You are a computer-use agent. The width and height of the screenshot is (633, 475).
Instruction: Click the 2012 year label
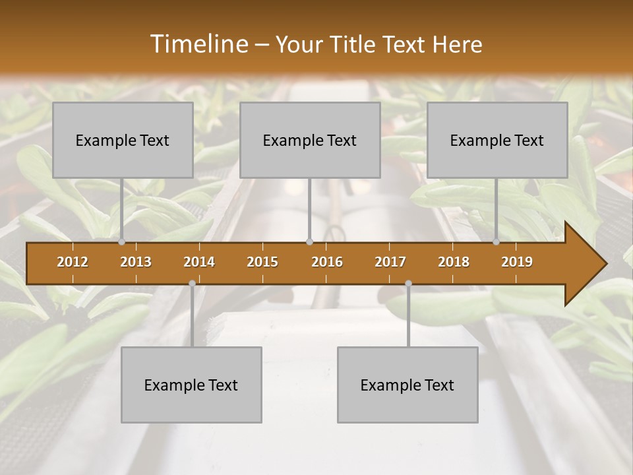click(73, 262)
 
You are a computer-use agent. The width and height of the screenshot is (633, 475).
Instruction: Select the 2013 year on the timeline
click(136, 262)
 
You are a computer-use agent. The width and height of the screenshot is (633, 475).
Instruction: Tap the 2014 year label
click(199, 262)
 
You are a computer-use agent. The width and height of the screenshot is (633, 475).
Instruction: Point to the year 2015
click(262, 262)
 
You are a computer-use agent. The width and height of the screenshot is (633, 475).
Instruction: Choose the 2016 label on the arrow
click(327, 262)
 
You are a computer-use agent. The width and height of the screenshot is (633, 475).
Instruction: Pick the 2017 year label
click(390, 262)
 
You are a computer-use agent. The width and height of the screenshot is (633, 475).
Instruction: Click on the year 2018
click(454, 262)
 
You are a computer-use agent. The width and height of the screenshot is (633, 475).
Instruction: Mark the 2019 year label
click(517, 262)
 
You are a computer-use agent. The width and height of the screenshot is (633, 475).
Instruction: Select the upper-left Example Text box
click(123, 140)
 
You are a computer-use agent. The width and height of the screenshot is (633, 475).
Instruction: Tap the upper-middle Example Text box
click(310, 140)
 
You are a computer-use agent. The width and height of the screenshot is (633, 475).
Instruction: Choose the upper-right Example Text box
click(497, 140)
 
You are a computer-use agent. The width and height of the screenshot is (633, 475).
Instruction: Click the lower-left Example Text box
click(191, 385)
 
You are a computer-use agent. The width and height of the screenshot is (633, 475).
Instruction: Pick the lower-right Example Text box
click(407, 385)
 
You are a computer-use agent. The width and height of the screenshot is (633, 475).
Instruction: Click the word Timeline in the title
click(198, 44)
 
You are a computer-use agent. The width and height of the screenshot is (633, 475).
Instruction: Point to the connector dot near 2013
click(122, 242)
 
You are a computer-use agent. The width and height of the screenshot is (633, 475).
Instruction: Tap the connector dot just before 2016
click(309, 242)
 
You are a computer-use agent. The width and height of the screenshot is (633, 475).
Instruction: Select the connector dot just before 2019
click(497, 242)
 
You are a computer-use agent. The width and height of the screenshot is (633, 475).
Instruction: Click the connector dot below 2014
click(192, 284)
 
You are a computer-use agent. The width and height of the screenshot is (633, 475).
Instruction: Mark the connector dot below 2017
click(408, 284)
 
